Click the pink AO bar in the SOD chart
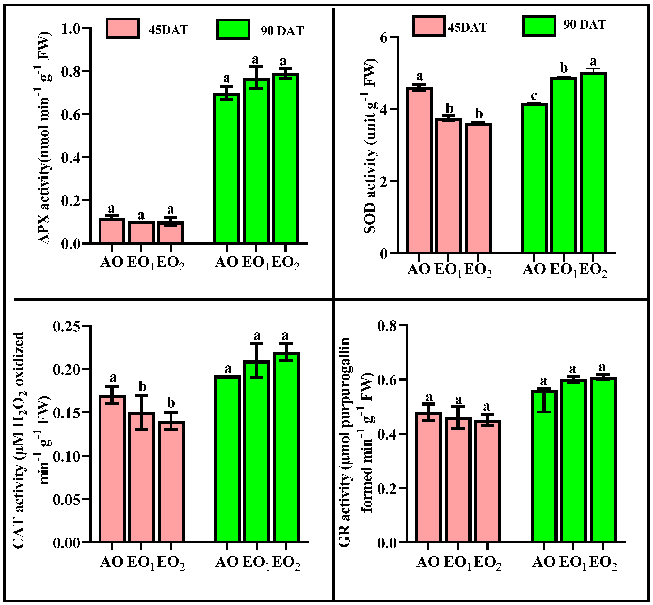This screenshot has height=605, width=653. pyautogui.click(x=419, y=170)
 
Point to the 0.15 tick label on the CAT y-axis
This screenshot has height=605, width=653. pyautogui.click(x=67, y=413)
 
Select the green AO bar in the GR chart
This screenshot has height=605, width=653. pyautogui.click(x=544, y=467)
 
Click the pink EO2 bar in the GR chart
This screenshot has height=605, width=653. pyautogui.click(x=488, y=481)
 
